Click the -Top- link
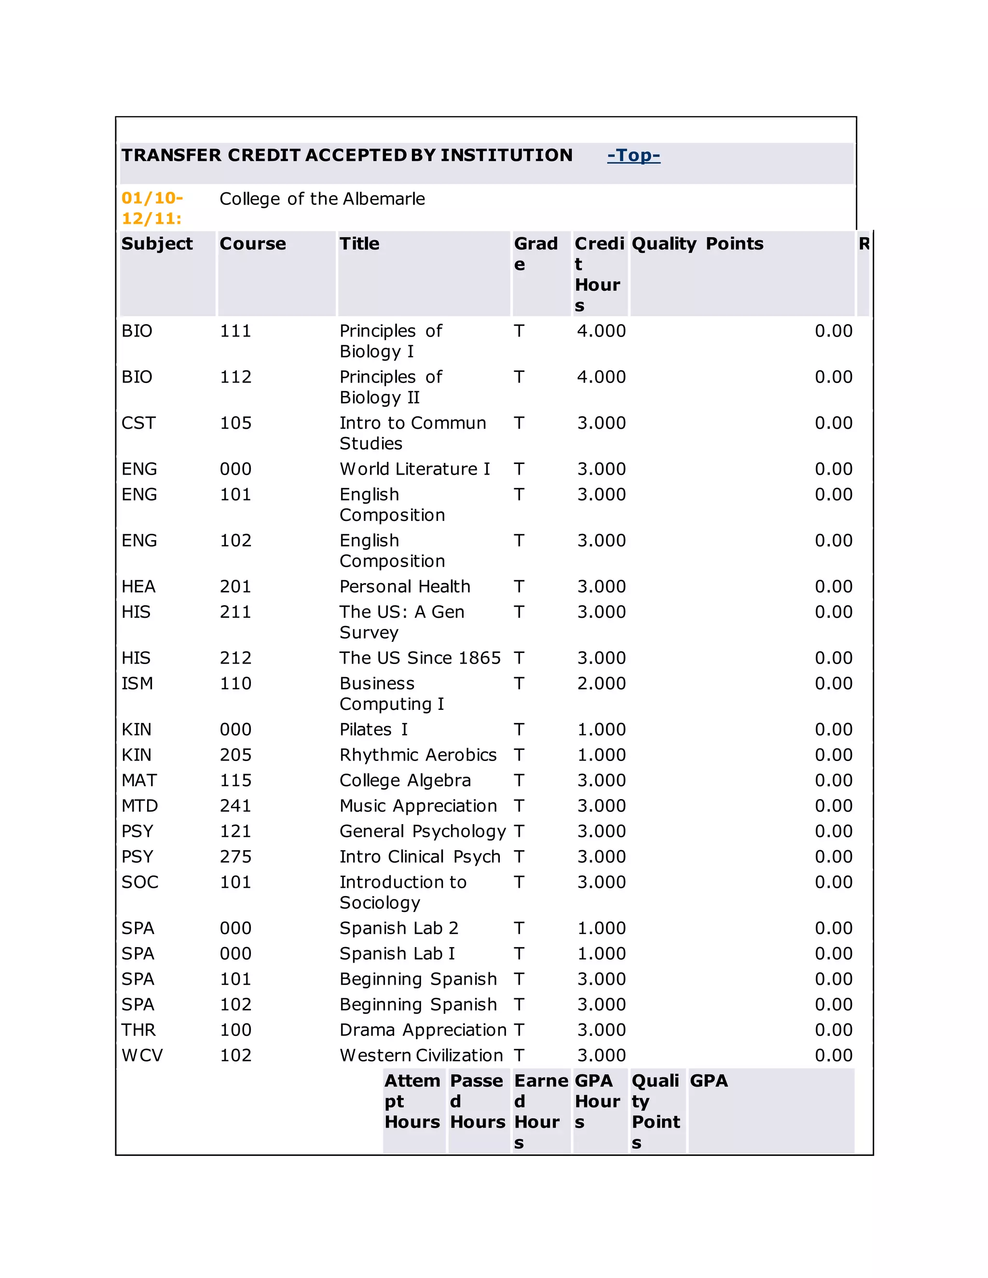pyautogui.click(x=633, y=155)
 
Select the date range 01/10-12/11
pyautogui.click(x=152, y=208)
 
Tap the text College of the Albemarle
pyautogui.click(x=322, y=199)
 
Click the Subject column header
pyautogui.click(x=157, y=244)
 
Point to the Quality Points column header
pyautogui.click(x=697, y=244)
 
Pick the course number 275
pyautogui.click(x=235, y=857)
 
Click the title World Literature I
pyautogui.click(x=414, y=469)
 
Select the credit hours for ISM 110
pyautogui.click(x=601, y=683)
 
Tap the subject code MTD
pyautogui.click(x=139, y=806)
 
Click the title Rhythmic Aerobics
pyautogui.click(x=418, y=755)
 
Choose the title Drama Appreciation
pyautogui.click(x=423, y=1030)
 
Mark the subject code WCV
pyautogui.click(x=142, y=1055)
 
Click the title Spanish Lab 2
pyautogui.click(x=398, y=928)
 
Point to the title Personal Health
pyautogui.click(x=404, y=586)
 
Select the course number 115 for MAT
pyautogui.click(x=235, y=780)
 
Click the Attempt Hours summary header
pyautogui.click(x=412, y=1101)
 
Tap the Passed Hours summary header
pyautogui.click(x=477, y=1101)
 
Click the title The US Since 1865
pyautogui.click(x=420, y=658)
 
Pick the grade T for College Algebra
pyautogui.click(x=519, y=780)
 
